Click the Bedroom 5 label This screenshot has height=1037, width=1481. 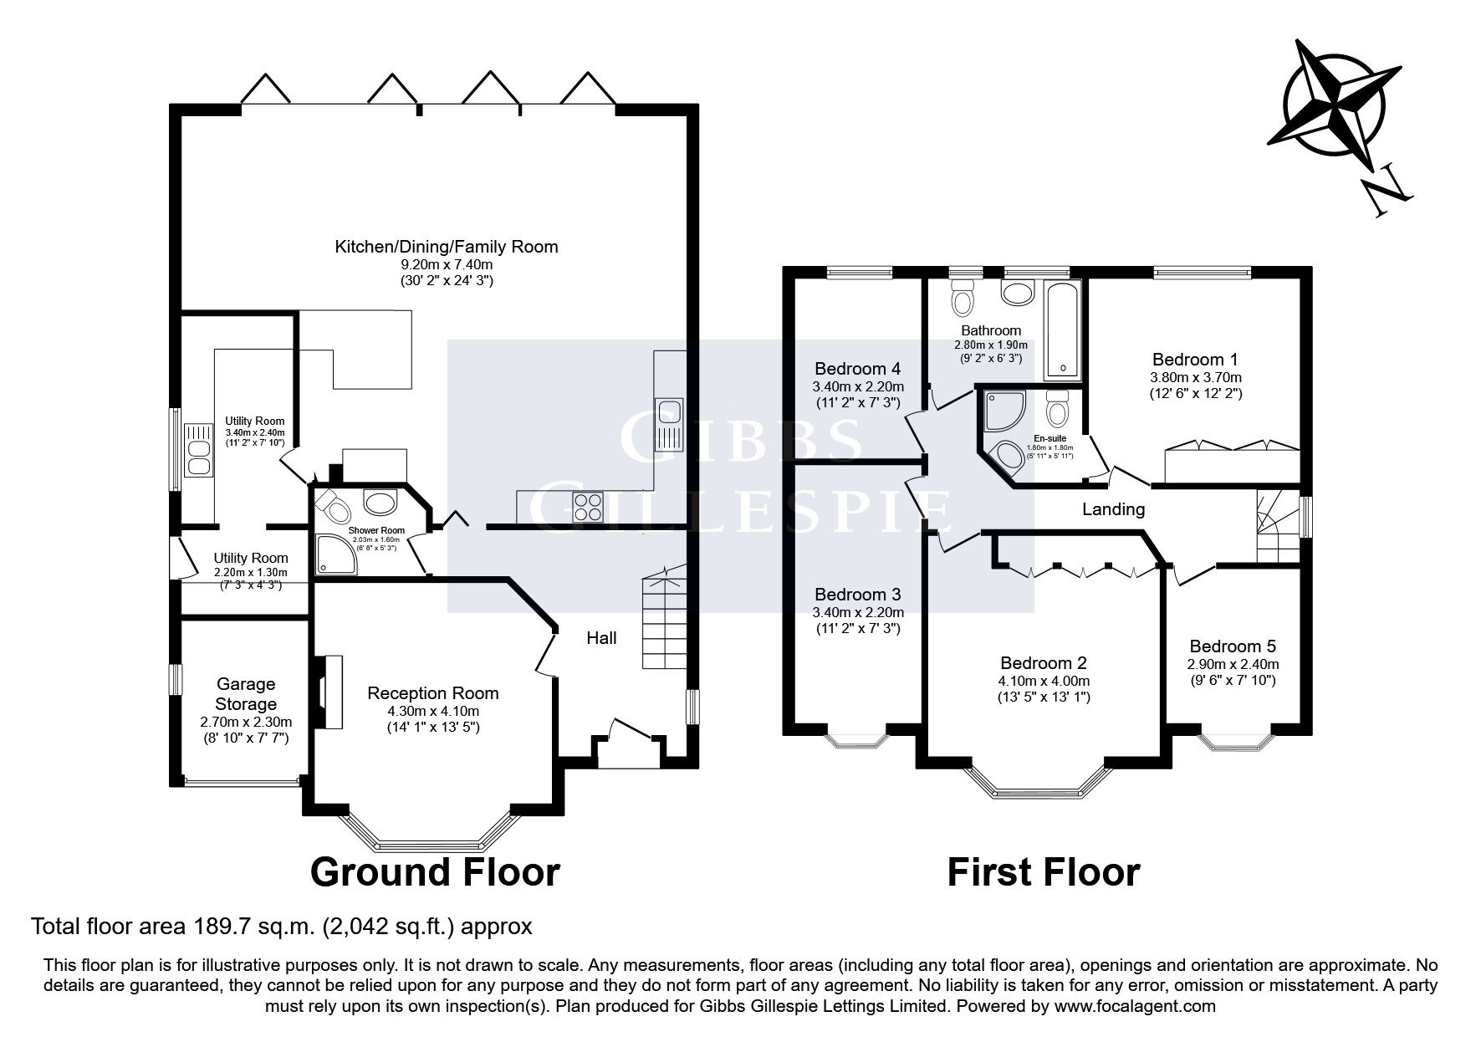point(1233,646)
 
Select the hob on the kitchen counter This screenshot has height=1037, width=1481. point(587,506)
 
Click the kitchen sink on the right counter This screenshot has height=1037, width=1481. point(670,426)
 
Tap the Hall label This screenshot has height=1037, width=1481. point(601,638)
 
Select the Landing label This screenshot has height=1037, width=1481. point(1113,509)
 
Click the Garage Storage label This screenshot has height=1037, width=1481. point(246,694)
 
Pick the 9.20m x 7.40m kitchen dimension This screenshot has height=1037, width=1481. point(447,264)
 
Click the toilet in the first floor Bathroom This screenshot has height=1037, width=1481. point(963,297)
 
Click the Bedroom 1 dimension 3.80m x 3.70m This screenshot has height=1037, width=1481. point(1196,377)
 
